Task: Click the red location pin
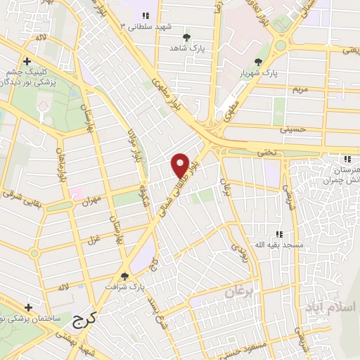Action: tap(181, 165)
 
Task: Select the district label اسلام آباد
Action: tap(331, 307)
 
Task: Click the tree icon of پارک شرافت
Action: tap(125, 276)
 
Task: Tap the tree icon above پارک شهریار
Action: tap(258, 62)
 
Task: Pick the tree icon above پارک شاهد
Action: tap(186, 37)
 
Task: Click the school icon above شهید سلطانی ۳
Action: tap(145, 15)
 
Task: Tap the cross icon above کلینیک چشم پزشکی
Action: tap(27, 62)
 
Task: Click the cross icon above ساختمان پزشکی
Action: tap(27, 308)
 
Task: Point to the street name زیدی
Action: tap(238, 250)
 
